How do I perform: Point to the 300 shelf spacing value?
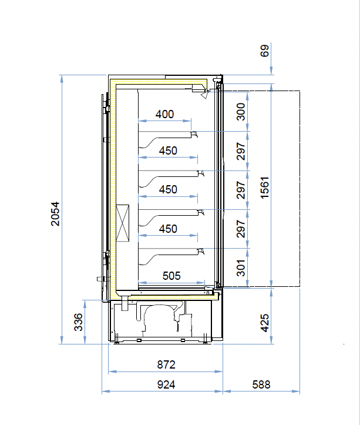(241, 111)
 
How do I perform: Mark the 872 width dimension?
(166, 365)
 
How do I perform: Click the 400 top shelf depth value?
(165, 114)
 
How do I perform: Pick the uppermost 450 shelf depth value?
(168, 150)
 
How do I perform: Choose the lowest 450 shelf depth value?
(168, 229)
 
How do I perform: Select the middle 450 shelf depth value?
(168, 189)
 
